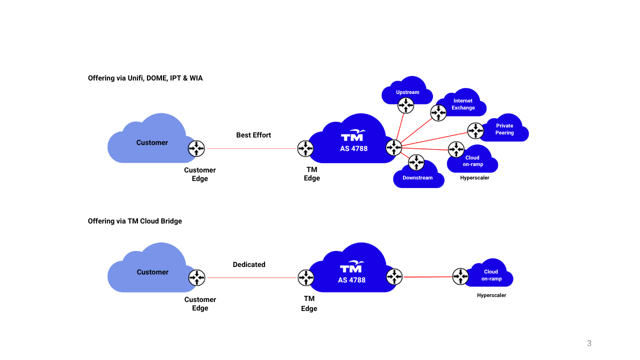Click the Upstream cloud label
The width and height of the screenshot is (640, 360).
click(x=407, y=92)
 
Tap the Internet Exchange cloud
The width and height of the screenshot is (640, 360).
click(x=463, y=104)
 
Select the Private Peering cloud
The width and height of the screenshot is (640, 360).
click(x=504, y=129)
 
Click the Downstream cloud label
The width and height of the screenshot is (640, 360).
click(x=417, y=177)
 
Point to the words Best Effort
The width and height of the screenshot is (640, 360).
click(x=253, y=135)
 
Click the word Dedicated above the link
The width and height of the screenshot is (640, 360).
click(x=249, y=264)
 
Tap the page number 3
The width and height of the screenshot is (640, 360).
click(x=589, y=343)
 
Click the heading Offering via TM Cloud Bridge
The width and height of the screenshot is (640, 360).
click(x=135, y=221)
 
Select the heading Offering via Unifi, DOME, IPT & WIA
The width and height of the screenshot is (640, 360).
click(x=145, y=78)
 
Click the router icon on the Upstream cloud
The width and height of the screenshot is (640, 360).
click(x=406, y=105)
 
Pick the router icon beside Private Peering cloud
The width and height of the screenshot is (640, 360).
click(x=475, y=130)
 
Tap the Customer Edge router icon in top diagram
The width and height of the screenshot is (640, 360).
click(x=196, y=148)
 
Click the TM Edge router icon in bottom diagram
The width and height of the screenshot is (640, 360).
click(x=306, y=277)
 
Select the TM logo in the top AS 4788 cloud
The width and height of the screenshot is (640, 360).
click(x=353, y=136)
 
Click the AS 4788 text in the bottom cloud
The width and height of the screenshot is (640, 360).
click(x=351, y=280)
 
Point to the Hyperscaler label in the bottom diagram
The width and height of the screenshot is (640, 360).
click(x=491, y=295)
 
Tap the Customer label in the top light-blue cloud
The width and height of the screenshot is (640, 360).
click(x=152, y=142)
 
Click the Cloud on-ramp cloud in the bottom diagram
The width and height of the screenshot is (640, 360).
click(x=491, y=274)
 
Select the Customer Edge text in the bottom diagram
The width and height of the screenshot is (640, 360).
click(x=200, y=303)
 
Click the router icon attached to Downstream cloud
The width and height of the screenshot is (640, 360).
click(x=416, y=162)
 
